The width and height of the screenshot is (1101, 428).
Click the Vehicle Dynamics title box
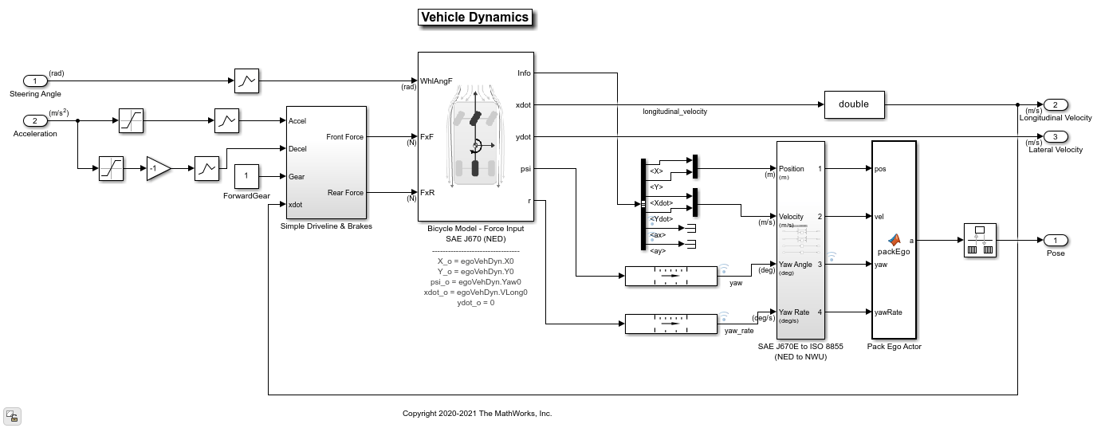[x=474, y=18]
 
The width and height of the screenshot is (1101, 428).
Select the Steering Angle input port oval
[x=35, y=81]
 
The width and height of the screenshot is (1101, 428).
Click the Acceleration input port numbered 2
[x=35, y=121]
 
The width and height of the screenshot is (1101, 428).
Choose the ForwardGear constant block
[x=246, y=176]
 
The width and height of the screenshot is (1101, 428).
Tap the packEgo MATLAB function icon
[x=894, y=239]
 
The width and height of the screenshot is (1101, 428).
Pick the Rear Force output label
[x=344, y=193]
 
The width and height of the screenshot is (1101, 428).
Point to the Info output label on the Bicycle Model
[x=524, y=73]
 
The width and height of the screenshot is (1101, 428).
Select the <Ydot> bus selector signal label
[x=661, y=219]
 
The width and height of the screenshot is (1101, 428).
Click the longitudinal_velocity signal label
[x=674, y=112]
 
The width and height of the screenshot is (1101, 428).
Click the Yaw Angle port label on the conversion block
[x=795, y=265]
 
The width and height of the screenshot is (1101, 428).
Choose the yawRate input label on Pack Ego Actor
[x=888, y=312]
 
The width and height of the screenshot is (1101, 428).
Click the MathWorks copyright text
[x=477, y=414]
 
